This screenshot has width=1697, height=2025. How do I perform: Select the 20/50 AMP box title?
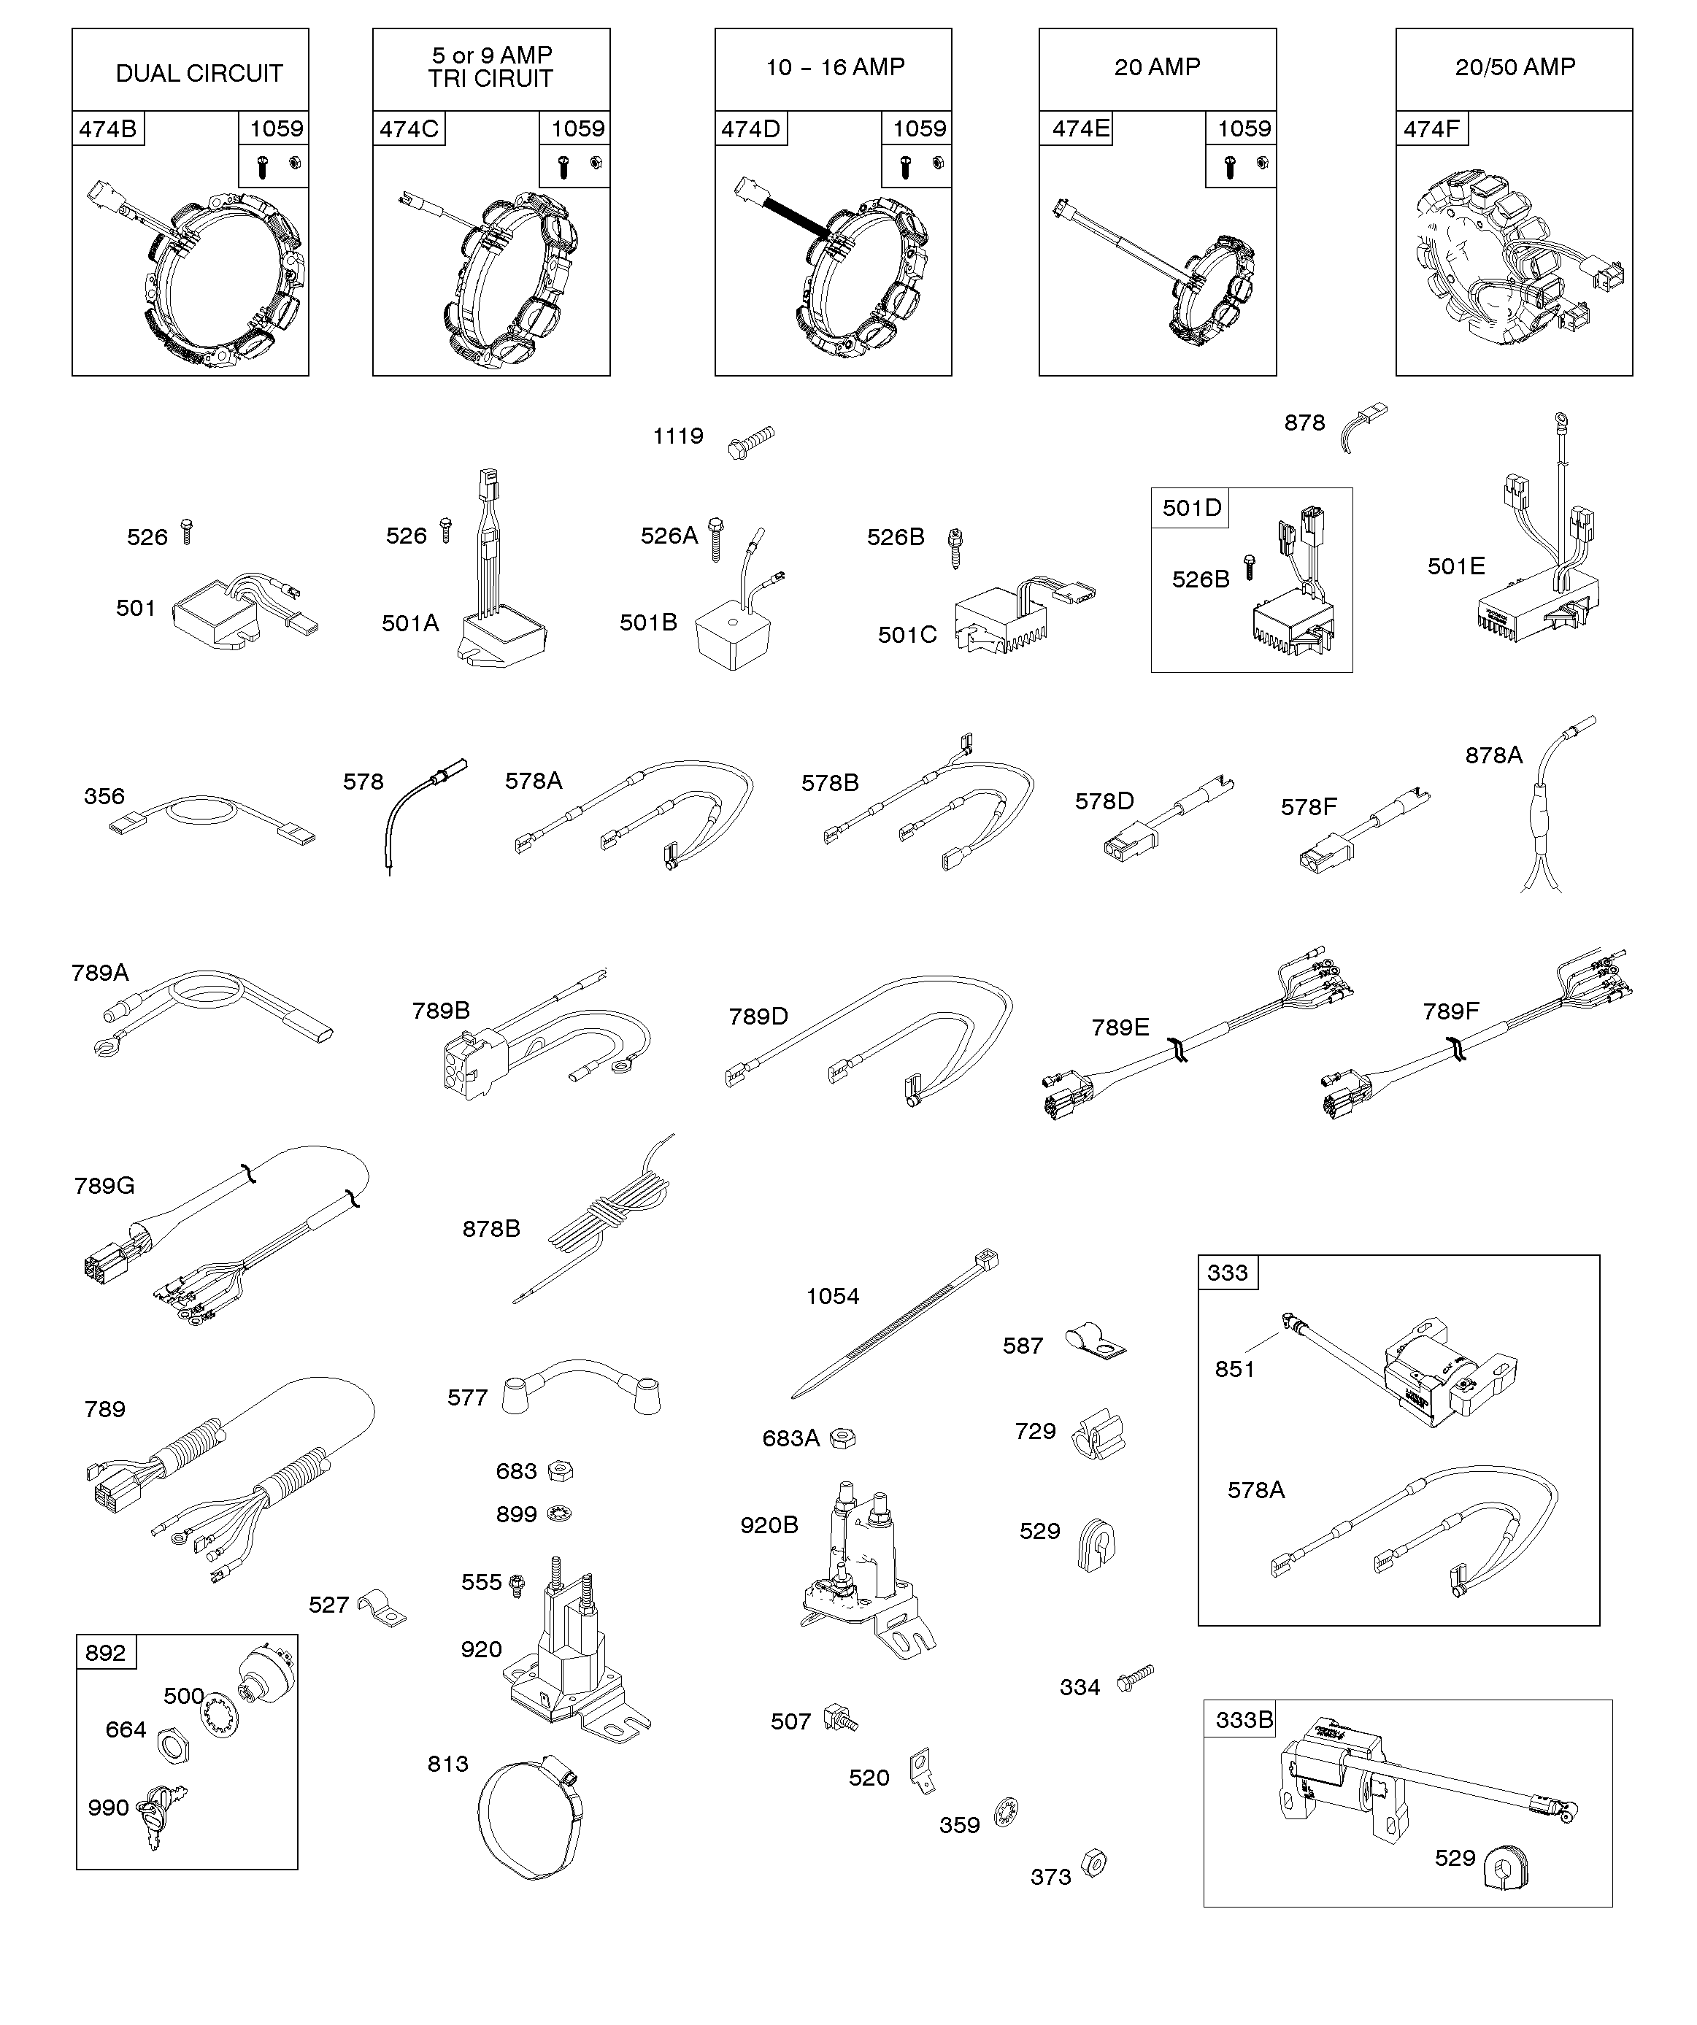[x=1515, y=66]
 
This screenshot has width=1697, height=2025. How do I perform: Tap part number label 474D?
[x=750, y=128]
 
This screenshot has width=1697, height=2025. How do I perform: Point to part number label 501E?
[x=1456, y=566]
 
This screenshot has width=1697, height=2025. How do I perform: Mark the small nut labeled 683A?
[x=842, y=1437]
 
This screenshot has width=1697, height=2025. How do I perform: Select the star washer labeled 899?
[x=558, y=1514]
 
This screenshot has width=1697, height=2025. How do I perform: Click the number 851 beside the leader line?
[x=1234, y=1368]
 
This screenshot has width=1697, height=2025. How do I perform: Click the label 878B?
[x=491, y=1229]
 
